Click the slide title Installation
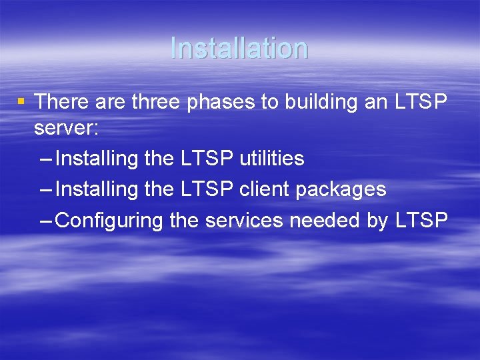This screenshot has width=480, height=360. [239, 48]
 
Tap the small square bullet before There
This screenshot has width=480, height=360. [21, 102]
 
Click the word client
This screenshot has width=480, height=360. [265, 189]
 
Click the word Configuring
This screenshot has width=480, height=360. [109, 221]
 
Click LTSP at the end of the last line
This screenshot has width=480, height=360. [421, 220]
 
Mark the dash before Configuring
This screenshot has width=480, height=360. [46, 221]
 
